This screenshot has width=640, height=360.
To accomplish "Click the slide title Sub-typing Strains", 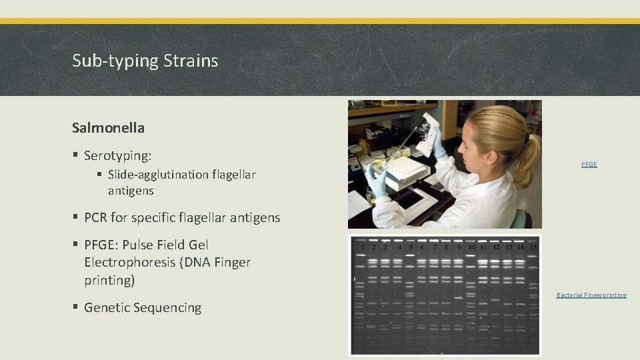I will [145, 61].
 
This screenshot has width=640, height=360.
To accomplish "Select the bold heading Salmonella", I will [108, 127].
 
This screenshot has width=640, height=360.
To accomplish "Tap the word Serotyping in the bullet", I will [117, 156].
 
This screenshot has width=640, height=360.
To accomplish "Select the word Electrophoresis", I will [129, 263].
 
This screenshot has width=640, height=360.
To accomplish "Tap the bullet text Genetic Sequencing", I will [143, 308].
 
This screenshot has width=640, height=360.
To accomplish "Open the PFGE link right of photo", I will [589, 164].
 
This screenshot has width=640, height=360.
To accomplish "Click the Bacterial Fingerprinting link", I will [591, 295].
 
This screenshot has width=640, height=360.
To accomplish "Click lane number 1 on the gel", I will [362, 248].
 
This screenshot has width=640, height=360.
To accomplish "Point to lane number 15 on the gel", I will [532, 248].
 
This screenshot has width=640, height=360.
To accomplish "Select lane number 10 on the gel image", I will [472, 248].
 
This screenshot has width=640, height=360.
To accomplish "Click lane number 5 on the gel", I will [411, 248].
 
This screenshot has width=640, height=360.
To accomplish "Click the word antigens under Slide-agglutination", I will [131, 191].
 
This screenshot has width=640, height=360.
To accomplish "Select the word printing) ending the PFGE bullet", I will [109, 281].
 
